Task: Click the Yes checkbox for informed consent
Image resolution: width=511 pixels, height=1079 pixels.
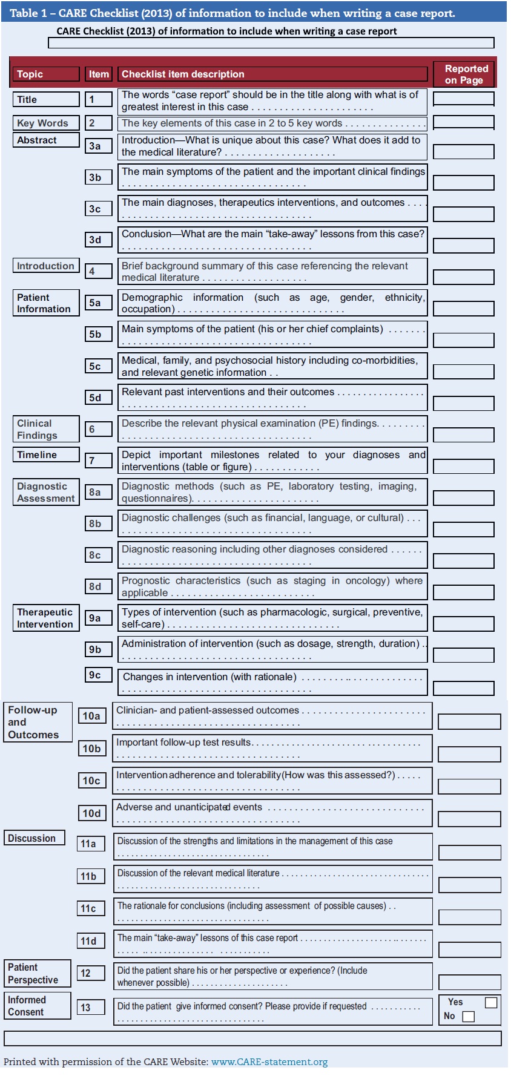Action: [x=491, y=1003]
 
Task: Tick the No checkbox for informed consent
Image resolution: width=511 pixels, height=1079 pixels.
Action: [x=468, y=1017]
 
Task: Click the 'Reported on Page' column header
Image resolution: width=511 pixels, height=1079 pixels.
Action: [x=464, y=74]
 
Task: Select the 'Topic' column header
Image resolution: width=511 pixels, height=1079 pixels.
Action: [x=46, y=74]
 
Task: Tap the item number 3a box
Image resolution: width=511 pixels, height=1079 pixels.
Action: [x=98, y=146]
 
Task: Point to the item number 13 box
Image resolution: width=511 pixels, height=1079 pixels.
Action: [x=91, y=1008]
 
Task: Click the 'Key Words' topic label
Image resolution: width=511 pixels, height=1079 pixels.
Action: [x=46, y=123]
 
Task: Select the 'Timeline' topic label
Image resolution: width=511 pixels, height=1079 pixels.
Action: [x=46, y=454]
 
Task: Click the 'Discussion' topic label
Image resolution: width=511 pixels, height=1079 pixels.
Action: [x=35, y=838]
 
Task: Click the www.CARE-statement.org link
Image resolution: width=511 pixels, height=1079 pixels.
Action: [x=269, y=1062]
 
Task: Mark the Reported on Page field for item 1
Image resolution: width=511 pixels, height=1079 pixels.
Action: [x=464, y=99]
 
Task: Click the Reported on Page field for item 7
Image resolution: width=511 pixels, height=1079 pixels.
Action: [x=464, y=466]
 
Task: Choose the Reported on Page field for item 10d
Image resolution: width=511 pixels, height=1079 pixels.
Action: [x=469, y=819]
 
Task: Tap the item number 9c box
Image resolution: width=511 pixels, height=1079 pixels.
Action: [x=98, y=675]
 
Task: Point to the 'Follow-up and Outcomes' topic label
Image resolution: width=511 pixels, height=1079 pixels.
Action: [x=38, y=722]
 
